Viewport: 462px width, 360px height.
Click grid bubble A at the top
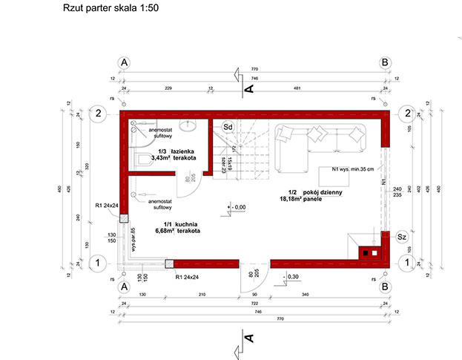pos(125,63)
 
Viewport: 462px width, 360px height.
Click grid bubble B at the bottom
pos(385,285)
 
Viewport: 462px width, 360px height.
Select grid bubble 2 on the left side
pos(96,114)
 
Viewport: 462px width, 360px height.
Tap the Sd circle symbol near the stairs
pos(229,127)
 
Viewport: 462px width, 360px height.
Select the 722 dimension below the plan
pos(254,304)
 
